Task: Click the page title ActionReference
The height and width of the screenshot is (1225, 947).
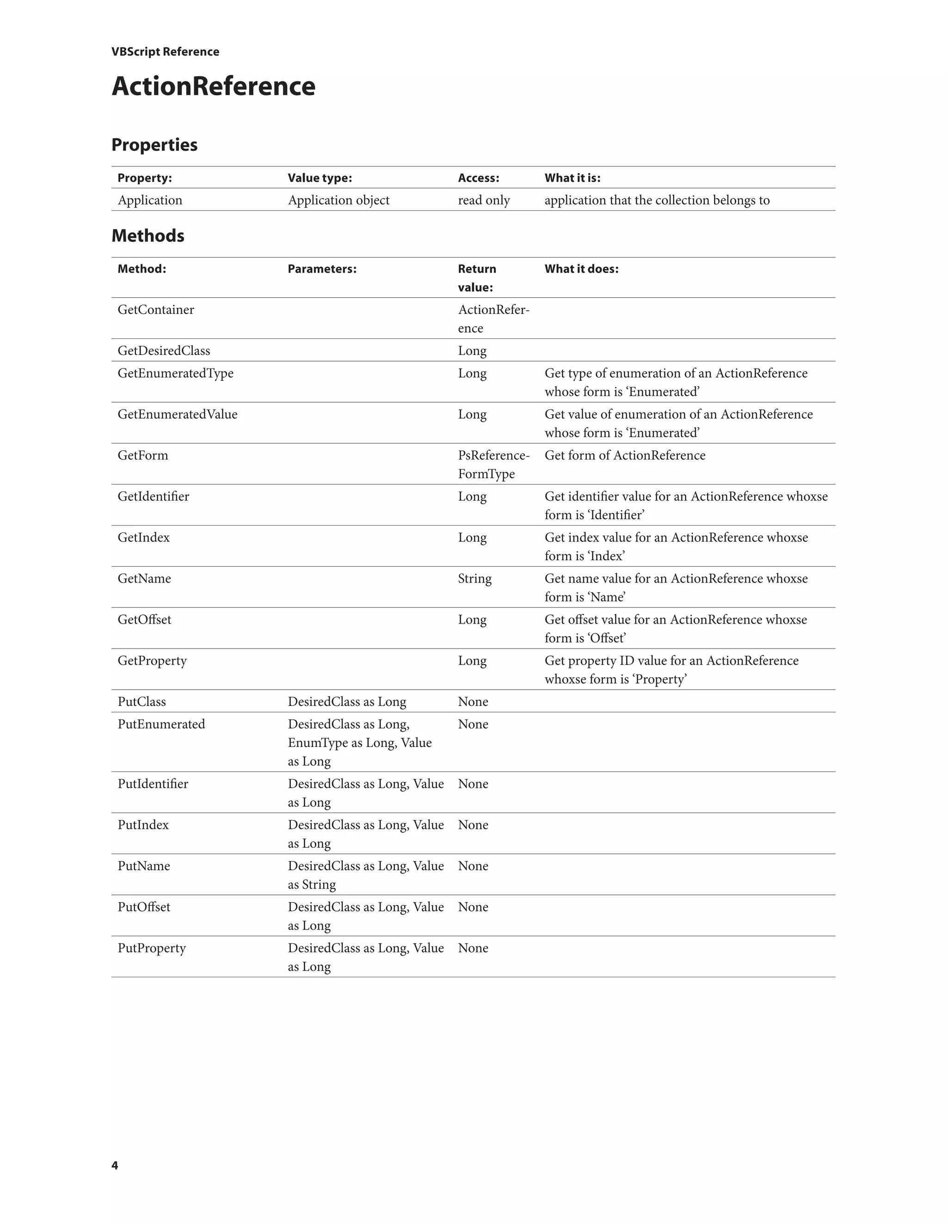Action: click(213, 86)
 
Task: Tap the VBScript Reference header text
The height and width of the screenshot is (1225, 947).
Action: click(165, 52)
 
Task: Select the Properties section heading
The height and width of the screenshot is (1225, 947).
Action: click(154, 145)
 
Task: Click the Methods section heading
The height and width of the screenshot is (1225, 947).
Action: click(148, 236)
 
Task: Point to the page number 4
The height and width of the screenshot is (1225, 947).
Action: click(115, 1165)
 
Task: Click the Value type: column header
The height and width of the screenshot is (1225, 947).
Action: click(320, 178)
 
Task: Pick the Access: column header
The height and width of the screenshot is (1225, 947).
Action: click(478, 178)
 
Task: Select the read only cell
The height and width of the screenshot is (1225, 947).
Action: click(484, 200)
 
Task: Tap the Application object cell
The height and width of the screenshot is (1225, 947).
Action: click(338, 200)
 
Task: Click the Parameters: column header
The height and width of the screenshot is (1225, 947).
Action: click(322, 269)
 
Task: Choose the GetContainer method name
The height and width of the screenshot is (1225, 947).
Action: click(155, 310)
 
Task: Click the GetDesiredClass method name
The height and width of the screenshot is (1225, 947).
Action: click(164, 350)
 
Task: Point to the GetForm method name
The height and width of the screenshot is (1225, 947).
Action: click(142, 455)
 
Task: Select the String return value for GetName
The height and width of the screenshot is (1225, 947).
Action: click(474, 578)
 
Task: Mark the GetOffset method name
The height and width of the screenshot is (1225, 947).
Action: click(144, 619)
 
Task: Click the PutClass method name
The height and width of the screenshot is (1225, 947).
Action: click(141, 702)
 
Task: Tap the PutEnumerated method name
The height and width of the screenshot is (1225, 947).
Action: click(161, 724)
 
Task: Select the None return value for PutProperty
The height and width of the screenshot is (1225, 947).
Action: click(473, 948)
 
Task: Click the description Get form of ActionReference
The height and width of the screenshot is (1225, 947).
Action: click(624, 455)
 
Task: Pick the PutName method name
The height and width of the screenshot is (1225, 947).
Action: click(144, 866)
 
